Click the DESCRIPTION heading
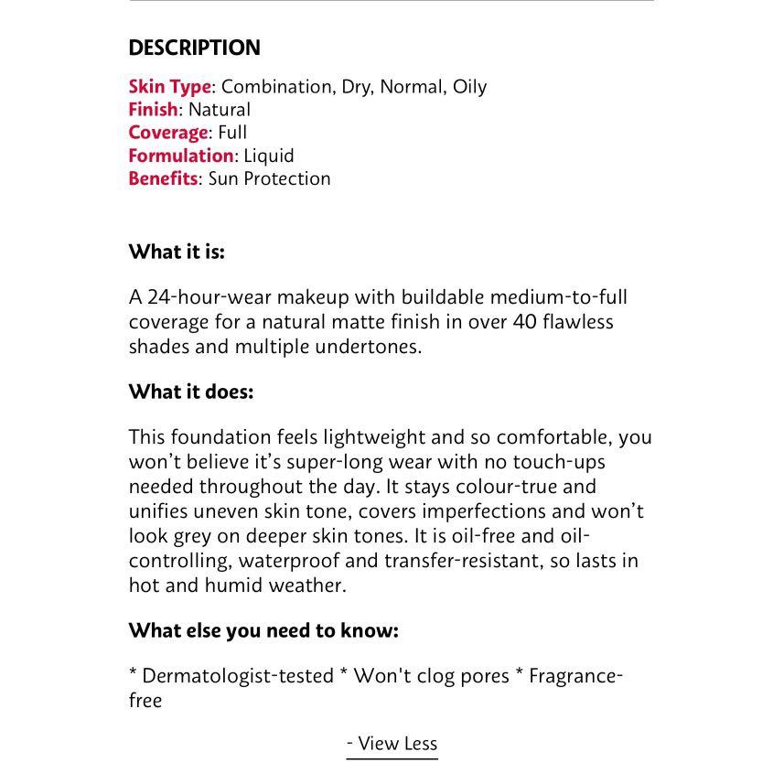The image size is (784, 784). coord(194,48)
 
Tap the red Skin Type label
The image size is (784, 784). coord(169,87)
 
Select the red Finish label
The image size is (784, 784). coord(153,110)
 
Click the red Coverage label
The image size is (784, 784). coord(168,133)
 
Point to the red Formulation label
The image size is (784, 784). coord(181,156)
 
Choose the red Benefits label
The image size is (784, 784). coord(163,178)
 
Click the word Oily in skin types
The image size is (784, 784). coord(469,87)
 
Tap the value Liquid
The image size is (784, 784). coord(269,156)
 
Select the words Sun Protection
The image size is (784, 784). coord(269,178)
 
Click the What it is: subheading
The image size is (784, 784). coord(177,252)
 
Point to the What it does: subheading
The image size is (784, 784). coord(191,392)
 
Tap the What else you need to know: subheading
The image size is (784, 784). coord(263,630)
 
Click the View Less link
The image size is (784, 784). coord(392,744)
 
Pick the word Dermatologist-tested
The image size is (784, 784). coord(238,676)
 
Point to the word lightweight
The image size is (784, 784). coord(378,437)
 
